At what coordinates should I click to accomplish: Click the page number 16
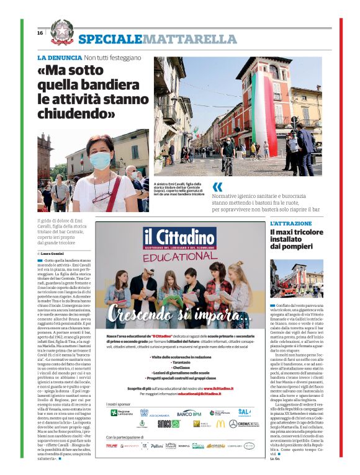pos(40,33)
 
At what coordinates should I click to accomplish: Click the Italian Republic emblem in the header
pos(61,32)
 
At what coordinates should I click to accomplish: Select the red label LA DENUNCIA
pos(59,58)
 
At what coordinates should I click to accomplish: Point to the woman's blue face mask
pos(100,161)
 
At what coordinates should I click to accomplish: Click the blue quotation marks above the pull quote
pos(217,187)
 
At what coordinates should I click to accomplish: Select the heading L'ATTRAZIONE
pos(290,223)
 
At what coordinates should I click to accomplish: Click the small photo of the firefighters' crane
pos(296,278)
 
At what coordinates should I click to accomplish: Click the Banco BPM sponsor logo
pos(189,413)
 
